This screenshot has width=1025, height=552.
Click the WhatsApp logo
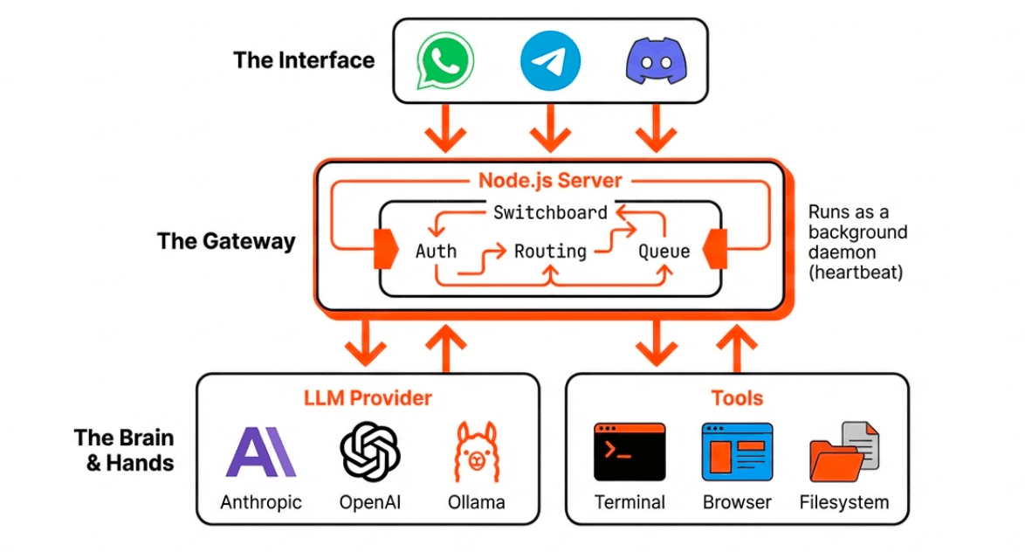(444, 61)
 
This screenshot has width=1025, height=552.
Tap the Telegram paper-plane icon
(550, 61)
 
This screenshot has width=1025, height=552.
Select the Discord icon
(656, 61)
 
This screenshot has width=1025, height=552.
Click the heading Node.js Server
(550, 181)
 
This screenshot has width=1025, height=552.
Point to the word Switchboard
(550, 212)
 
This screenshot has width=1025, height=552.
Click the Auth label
(436, 252)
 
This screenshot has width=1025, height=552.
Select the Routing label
(550, 252)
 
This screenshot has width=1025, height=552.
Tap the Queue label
(664, 252)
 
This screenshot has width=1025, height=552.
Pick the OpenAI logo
(370, 452)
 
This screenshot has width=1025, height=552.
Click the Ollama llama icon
(477, 452)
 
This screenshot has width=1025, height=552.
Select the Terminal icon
(629, 452)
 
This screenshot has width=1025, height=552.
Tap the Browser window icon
(737, 452)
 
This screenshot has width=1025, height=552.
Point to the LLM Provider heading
(368, 398)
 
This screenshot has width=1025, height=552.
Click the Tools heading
(737, 398)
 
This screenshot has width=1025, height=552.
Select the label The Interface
(304, 60)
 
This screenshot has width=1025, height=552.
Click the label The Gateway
(226, 241)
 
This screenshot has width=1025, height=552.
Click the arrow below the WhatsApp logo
(444, 128)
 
